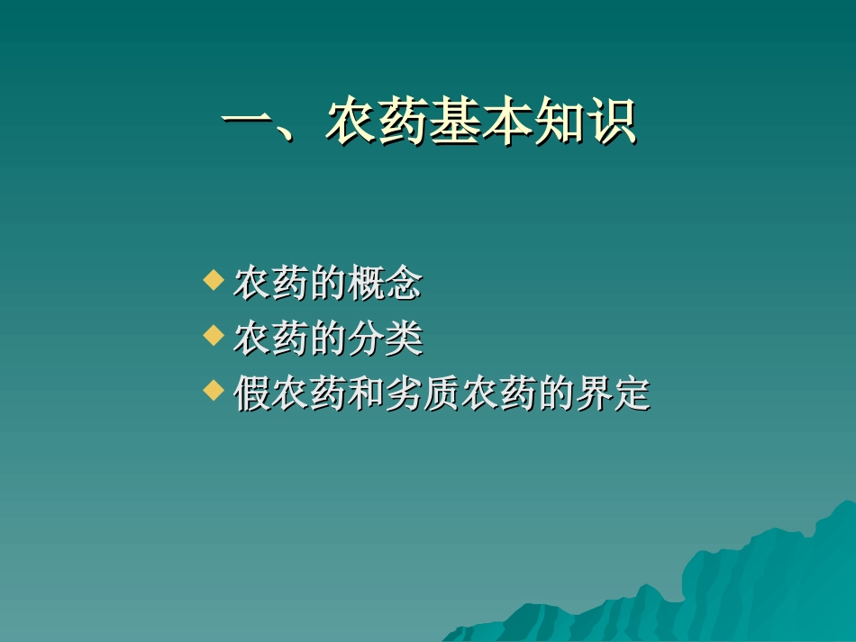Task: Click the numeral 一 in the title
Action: coord(247,123)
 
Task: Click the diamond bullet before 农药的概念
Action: coord(213,281)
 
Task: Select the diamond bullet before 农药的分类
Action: coord(213,336)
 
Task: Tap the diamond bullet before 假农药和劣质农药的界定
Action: coord(213,390)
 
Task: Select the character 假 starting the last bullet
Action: coord(252,394)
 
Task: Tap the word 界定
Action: coord(612,394)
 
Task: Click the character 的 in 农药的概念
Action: coord(328,285)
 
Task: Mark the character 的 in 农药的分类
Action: coord(328,339)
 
